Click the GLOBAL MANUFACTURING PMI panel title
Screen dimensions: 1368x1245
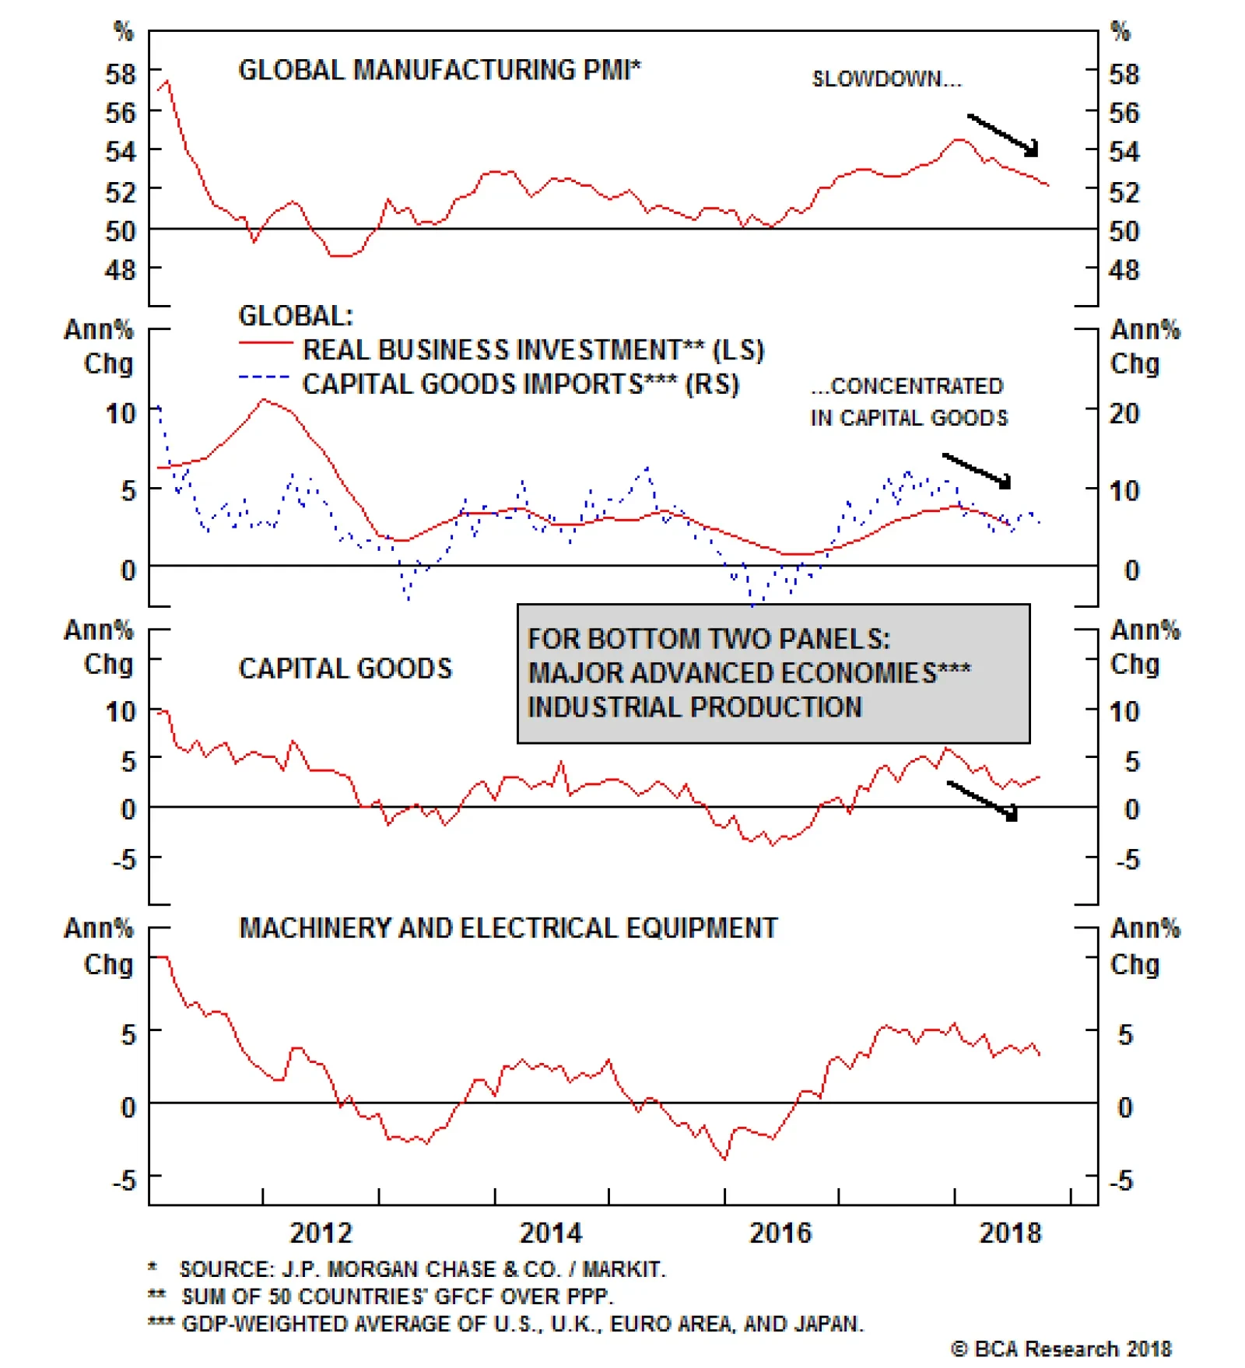[x=439, y=70]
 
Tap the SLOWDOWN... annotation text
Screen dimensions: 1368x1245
[x=886, y=79]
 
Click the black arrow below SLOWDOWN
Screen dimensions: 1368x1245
[x=1002, y=135]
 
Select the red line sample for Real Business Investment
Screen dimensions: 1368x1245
[x=265, y=343]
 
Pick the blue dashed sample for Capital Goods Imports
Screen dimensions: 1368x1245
[x=265, y=377]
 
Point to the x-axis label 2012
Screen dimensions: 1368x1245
[x=321, y=1233]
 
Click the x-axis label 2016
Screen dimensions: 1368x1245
[x=780, y=1233]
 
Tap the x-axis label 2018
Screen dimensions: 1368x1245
[x=1009, y=1233]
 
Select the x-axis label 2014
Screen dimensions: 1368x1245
[x=550, y=1233]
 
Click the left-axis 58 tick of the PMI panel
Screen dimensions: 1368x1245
[x=120, y=74]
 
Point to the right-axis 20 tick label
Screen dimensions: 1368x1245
[x=1124, y=413]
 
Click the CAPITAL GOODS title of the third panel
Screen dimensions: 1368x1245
[x=345, y=668]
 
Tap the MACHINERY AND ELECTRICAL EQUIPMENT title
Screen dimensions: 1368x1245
[x=508, y=928]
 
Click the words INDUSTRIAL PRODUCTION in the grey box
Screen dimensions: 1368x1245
[x=695, y=707]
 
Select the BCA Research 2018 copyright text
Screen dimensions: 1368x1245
[x=1061, y=1349]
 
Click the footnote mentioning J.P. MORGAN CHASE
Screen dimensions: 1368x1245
[x=422, y=1269]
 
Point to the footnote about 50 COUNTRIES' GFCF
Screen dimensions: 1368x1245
[x=397, y=1296]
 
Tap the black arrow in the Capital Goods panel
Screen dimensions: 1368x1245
[x=982, y=800]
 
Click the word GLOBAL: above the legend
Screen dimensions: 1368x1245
[x=296, y=315]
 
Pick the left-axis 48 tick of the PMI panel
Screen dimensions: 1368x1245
[x=120, y=270]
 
